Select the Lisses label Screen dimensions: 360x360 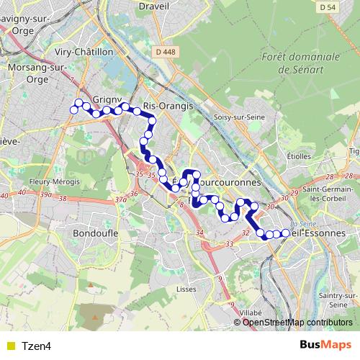pyautogui.click(x=186, y=288)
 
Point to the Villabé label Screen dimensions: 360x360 pyautogui.click(x=251, y=313)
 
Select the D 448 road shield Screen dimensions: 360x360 pyautogui.click(x=165, y=51)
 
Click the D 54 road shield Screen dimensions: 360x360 pyautogui.click(x=346, y=6)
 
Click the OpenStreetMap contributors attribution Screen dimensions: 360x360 pyautogui.click(x=297, y=323)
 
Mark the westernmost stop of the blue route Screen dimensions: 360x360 pyautogui.click(x=73, y=109)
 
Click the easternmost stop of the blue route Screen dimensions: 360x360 pyautogui.click(x=286, y=233)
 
